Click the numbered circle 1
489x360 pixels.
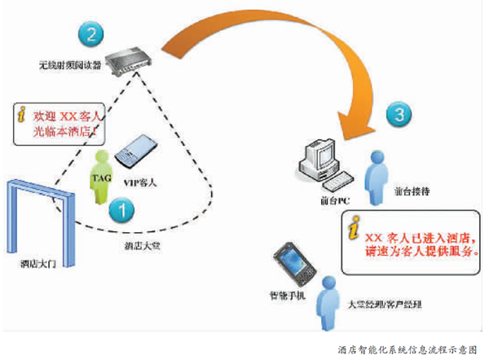[x=121, y=210]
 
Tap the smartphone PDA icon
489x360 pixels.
[x=291, y=262]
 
